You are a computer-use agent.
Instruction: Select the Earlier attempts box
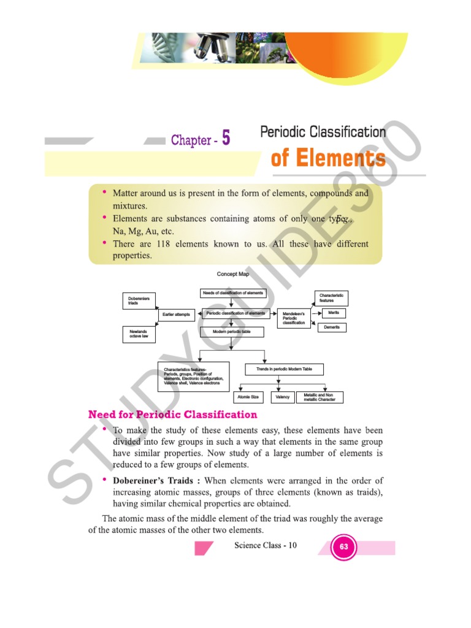point(177,315)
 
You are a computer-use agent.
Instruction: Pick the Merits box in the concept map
point(334,313)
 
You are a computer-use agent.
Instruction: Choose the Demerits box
point(332,327)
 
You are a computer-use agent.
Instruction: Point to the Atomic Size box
point(248,397)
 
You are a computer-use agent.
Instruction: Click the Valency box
point(283,397)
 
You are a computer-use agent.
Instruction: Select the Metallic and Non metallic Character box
point(320,397)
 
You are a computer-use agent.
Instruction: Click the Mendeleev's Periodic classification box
point(294,318)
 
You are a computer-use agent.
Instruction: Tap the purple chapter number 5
point(226,139)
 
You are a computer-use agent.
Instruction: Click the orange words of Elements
point(328,159)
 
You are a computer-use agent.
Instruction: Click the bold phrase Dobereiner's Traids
point(156,480)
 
